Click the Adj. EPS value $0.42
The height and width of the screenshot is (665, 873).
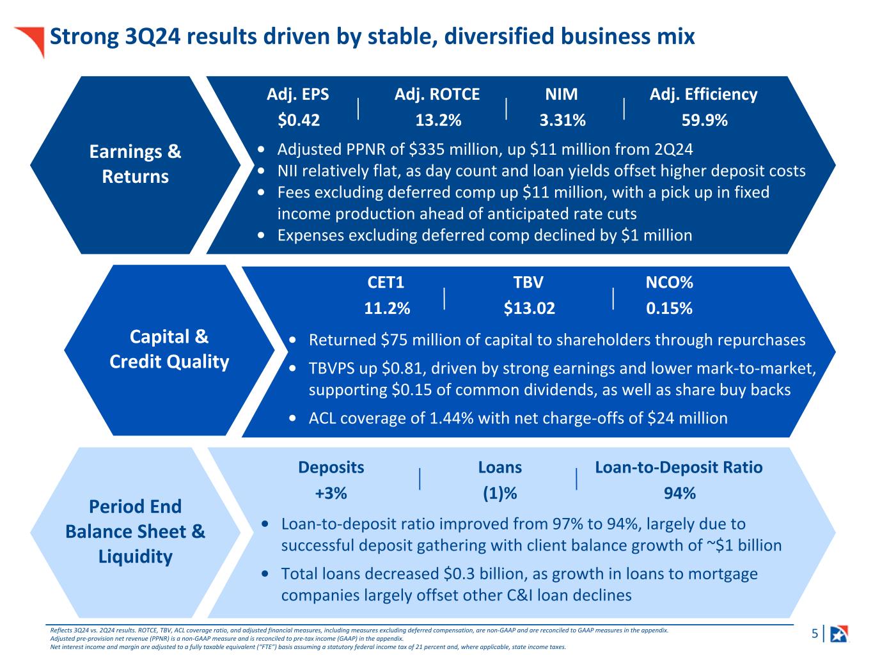click(299, 120)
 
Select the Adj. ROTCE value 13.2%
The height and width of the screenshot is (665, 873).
click(438, 120)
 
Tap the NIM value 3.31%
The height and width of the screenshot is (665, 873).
click(562, 120)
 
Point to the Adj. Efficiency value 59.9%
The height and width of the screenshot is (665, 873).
click(704, 120)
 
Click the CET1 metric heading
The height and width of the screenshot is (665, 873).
click(386, 283)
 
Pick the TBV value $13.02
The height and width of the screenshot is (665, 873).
click(529, 308)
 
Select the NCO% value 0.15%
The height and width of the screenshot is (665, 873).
click(669, 308)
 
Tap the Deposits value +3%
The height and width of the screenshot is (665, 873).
click(331, 493)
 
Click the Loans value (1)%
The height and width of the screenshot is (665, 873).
click(499, 493)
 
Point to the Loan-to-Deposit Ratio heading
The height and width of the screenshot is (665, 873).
click(679, 467)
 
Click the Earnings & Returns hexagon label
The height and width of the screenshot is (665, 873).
click(136, 164)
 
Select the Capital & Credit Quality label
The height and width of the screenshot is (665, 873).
click(169, 349)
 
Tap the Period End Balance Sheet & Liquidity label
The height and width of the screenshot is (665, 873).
click(136, 531)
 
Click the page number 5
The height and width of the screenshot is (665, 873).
click(814, 634)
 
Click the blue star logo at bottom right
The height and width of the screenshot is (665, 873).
click(838, 634)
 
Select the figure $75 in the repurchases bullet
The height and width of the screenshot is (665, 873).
click(393, 340)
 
